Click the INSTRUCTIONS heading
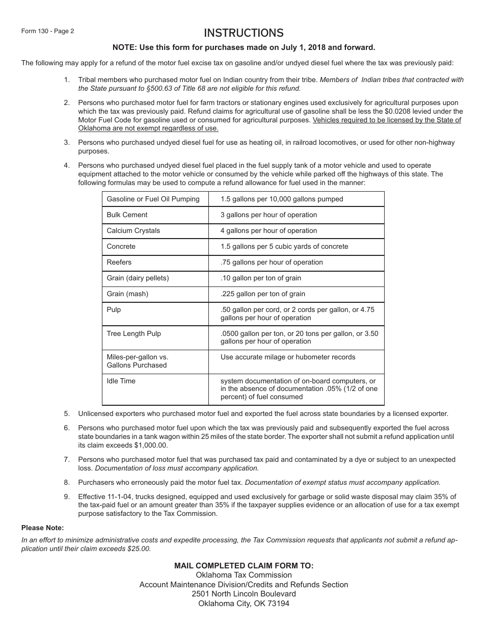click(x=244, y=33)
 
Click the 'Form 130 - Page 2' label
click(x=47, y=31)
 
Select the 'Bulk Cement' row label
click(x=127, y=215)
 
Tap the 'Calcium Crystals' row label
click(x=133, y=231)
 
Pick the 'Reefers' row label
click(x=119, y=263)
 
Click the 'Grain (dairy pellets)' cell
click(x=138, y=278)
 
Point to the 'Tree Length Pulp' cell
click(x=133, y=334)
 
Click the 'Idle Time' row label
click(x=121, y=381)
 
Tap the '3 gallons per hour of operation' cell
click(x=268, y=215)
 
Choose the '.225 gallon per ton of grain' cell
click(x=263, y=294)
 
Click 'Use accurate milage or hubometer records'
click(x=288, y=357)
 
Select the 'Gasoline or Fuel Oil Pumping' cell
click(x=153, y=199)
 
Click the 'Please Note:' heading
click(x=42, y=528)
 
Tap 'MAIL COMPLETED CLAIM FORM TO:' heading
click(x=244, y=566)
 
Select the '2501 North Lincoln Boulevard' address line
click(x=244, y=594)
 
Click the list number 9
click(x=67, y=497)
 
